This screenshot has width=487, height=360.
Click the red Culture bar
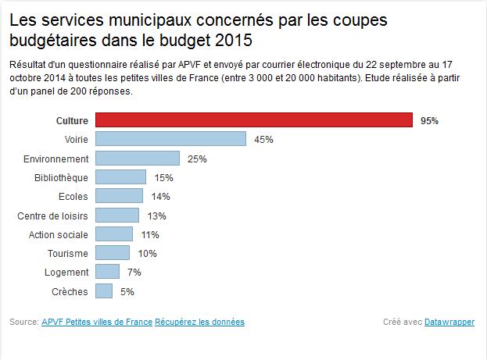point(254,120)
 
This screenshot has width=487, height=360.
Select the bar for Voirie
point(170,139)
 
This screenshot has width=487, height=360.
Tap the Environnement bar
point(138,159)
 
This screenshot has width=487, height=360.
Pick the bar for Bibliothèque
point(120,177)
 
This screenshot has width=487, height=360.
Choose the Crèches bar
point(104,291)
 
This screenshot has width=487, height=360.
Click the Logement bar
point(107,272)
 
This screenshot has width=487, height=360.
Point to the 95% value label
point(429,121)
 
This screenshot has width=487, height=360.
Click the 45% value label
point(263,140)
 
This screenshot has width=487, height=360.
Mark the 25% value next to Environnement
point(197,159)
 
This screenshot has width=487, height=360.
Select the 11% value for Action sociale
point(149,234)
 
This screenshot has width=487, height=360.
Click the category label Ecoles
point(73,197)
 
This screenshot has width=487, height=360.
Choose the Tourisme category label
point(68,254)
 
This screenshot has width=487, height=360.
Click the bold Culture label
point(73,121)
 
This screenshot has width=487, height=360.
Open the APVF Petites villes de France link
point(96,322)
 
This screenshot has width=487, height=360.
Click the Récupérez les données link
point(199,322)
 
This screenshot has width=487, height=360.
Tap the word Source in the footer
point(23,322)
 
